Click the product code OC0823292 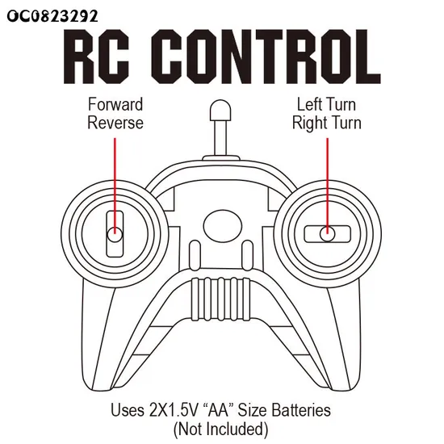(x=52, y=16)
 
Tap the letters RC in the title (x=97, y=56)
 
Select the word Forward (x=115, y=104)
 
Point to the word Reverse (x=115, y=123)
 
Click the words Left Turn (x=326, y=104)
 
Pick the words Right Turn (x=326, y=124)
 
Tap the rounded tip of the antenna (x=220, y=110)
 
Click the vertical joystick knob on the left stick (x=115, y=235)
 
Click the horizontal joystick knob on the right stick (x=327, y=234)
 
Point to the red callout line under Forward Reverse (x=115, y=186)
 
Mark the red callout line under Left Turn (x=328, y=186)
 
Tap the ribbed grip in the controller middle (x=221, y=299)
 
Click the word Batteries (x=301, y=410)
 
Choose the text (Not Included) (x=221, y=429)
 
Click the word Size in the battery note (x=253, y=410)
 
